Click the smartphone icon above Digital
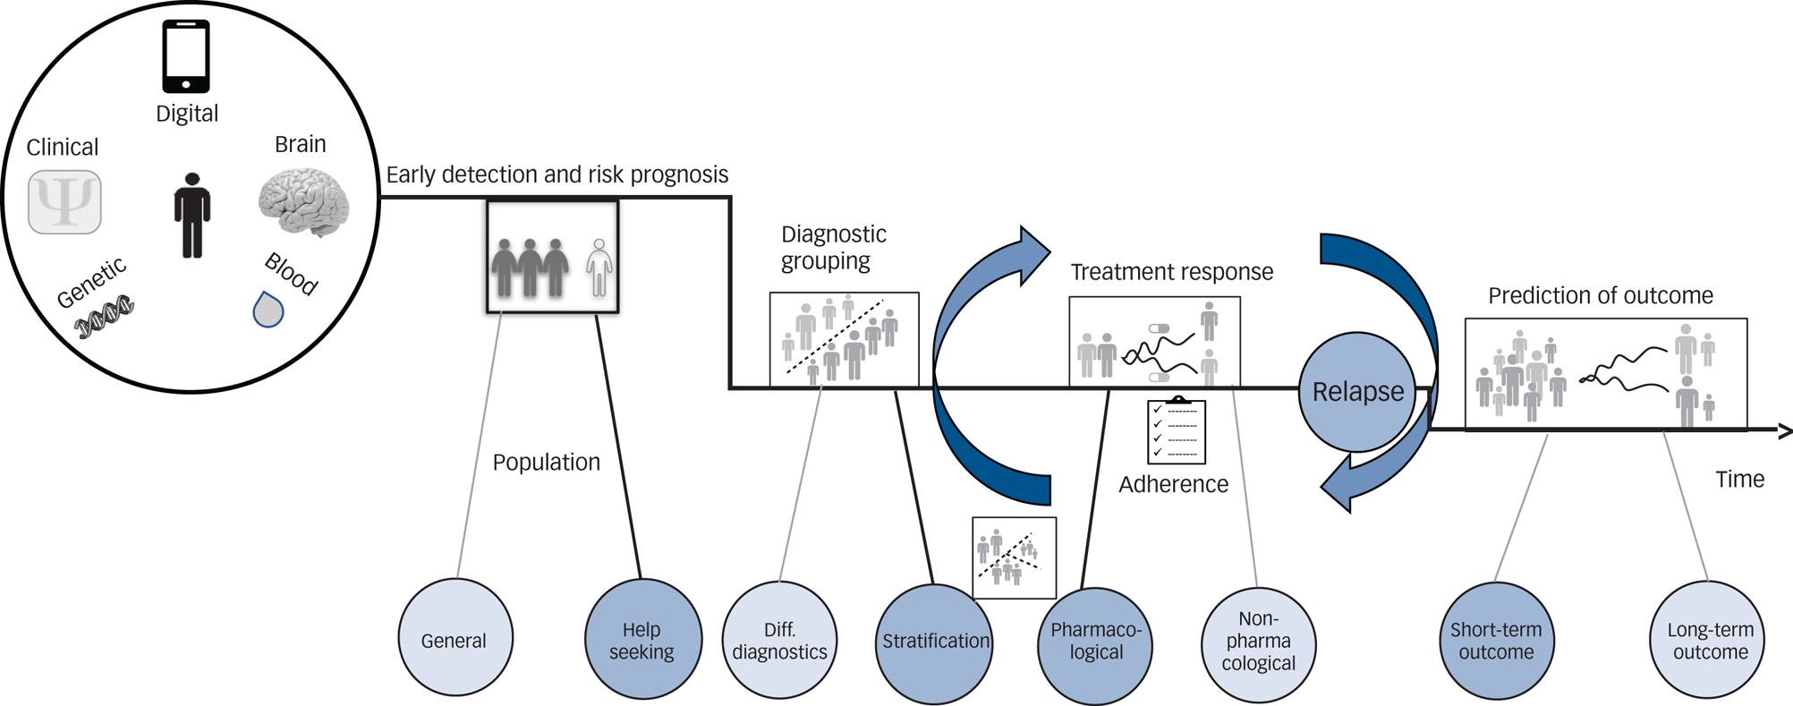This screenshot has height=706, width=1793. (x=186, y=56)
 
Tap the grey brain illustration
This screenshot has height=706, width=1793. (x=303, y=202)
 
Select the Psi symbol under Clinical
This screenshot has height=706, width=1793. (x=64, y=202)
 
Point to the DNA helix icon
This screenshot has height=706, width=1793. (x=104, y=317)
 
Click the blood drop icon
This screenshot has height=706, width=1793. (x=268, y=310)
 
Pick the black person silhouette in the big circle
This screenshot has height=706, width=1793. (x=191, y=216)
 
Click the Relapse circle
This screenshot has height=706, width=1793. (x=1357, y=392)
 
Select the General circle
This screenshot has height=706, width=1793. (x=455, y=638)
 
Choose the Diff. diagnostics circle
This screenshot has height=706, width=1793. (x=779, y=640)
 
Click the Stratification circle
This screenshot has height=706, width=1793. (x=935, y=642)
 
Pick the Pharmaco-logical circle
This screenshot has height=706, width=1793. (x=1095, y=642)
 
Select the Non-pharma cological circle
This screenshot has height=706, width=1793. (x=1258, y=642)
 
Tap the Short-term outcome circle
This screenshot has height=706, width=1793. (x=1496, y=641)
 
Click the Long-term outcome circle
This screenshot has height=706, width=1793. (x=1709, y=641)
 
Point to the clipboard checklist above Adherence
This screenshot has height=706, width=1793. (x=1177, y=431)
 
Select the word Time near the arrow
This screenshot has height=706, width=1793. (x=1739, y=480)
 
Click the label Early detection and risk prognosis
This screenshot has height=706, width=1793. (x=557, y=174)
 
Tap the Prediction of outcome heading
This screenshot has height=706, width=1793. (x=1600, y=296)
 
